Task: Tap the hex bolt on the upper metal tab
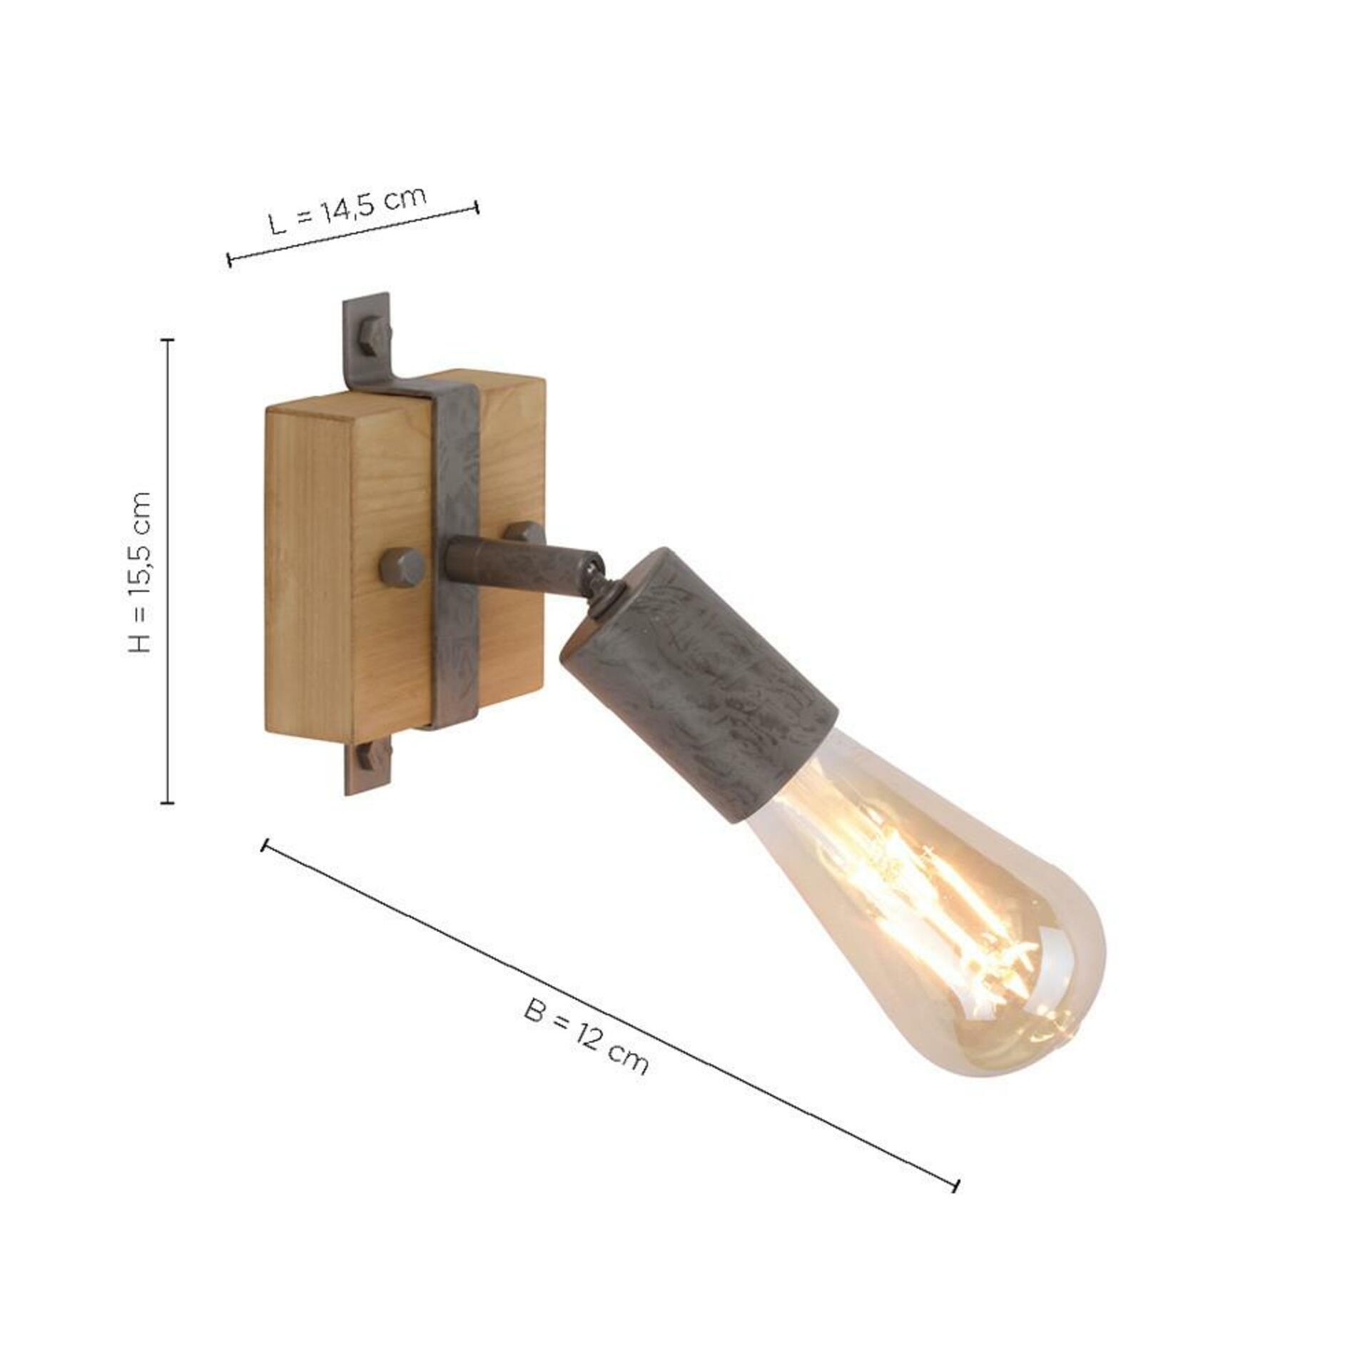[371, 333]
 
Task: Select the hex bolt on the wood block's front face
[402, 566]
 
